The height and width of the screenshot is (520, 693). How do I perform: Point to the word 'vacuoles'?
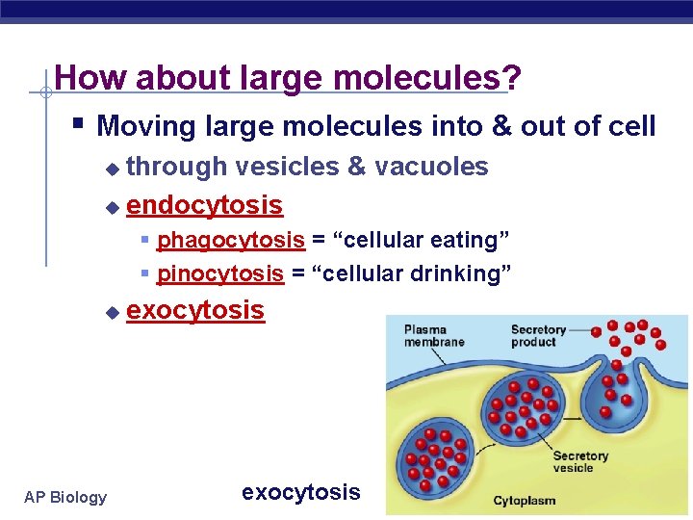pos(431,167)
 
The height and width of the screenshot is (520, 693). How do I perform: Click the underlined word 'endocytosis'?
pos(204,205)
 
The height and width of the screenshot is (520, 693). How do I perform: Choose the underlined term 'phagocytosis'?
pos(231,239)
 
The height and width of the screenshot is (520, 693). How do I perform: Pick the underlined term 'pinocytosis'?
pos(220,273)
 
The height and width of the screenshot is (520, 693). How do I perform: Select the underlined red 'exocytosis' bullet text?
pos(195,310)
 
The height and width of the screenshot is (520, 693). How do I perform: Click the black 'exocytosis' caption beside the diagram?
pos(300,492)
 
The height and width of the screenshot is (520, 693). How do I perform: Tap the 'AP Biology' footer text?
pos(65,497)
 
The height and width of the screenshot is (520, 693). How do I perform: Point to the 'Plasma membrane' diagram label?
pos(433,335)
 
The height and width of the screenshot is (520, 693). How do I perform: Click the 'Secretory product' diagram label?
pos(539,335)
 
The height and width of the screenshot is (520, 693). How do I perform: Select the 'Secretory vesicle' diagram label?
pos(580,461)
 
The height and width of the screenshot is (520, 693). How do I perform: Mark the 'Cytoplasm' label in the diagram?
pos(525,501)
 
